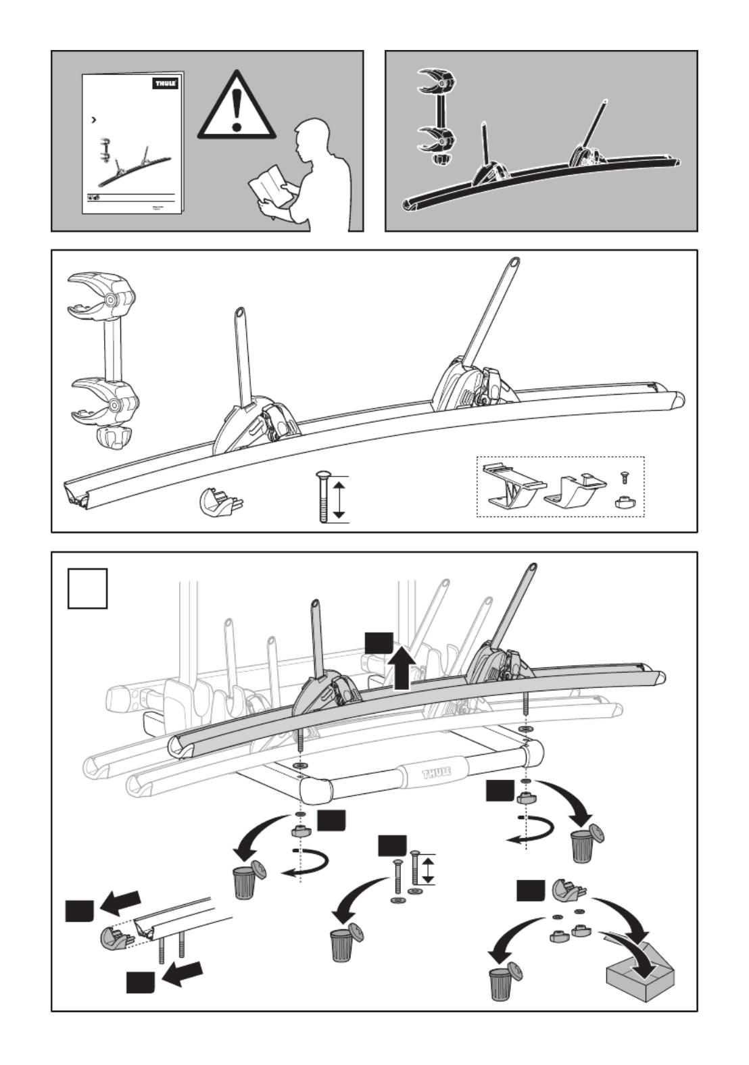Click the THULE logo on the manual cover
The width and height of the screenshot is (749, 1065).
tap(166, 83)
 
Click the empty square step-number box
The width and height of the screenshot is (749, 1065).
tap(88, 589)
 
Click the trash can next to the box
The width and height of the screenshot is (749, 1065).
tap(503, 980)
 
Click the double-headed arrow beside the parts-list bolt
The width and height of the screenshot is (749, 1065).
tap(340, 498)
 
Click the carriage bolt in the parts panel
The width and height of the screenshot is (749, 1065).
tap(322, 498)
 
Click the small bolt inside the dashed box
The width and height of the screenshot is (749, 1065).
tap(624, 479)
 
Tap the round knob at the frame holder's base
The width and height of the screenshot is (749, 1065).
tap(113, 437)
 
